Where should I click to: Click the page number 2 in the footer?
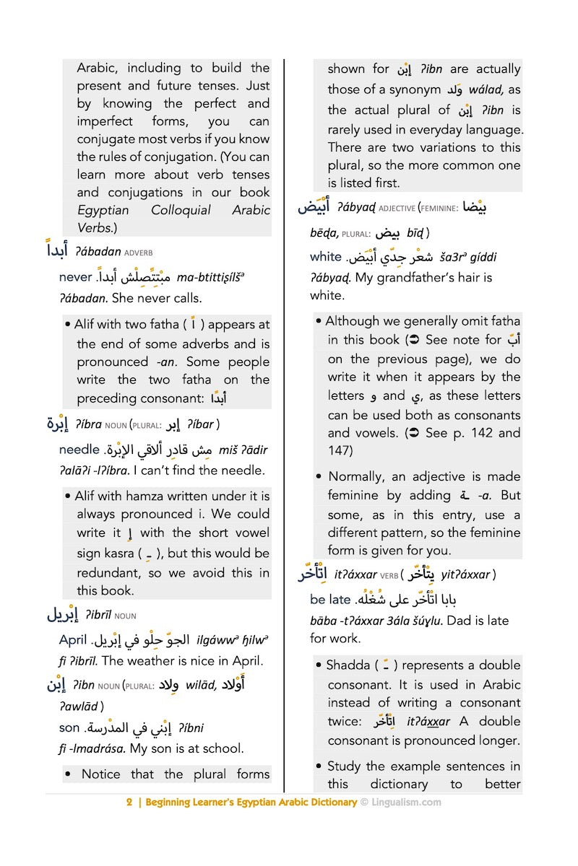129,802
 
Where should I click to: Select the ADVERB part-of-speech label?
138,253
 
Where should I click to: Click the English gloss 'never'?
75,277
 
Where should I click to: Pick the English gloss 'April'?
72,640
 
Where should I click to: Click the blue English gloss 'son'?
69,728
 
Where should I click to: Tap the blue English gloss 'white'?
325,257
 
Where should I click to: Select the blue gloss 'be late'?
329,600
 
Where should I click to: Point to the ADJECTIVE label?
397,209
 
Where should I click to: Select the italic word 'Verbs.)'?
97,227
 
